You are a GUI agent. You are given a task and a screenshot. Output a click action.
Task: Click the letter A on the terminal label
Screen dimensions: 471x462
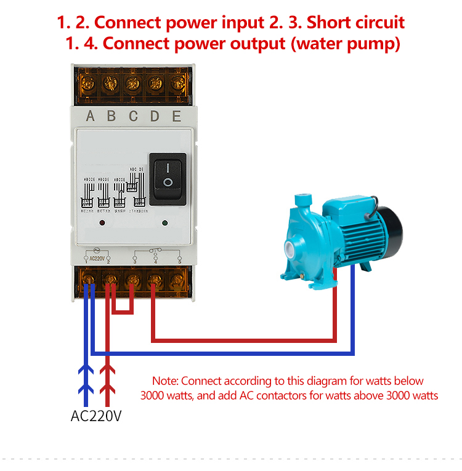pos(91,116)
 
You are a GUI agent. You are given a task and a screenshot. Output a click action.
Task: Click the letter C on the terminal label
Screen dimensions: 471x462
pos(133,116)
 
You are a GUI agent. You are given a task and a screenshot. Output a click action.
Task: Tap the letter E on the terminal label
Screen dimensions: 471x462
pos(177,116)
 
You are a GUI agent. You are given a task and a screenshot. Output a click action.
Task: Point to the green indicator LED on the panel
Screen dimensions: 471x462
pos(164,223)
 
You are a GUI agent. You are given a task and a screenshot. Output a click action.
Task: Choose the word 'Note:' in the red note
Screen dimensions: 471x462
pos(165,381)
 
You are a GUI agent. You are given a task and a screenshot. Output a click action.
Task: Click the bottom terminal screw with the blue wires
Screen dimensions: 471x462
pos(89,282)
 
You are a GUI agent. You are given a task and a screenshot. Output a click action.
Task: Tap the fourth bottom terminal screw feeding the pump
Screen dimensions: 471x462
pos(154,282)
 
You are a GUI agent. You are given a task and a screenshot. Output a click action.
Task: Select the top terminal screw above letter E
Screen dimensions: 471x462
pos(177,82)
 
